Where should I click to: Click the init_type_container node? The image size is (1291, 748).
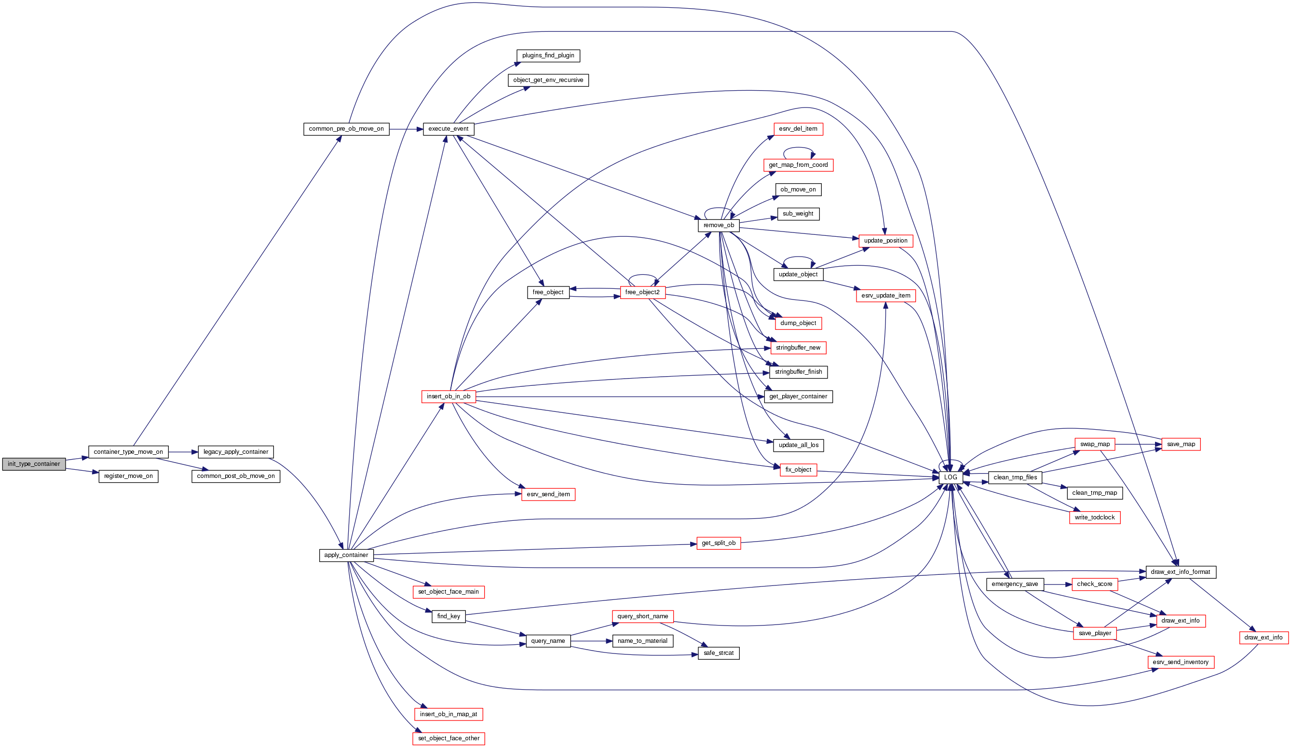tap(34, 464)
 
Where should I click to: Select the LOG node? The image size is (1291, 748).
tap(951, 477)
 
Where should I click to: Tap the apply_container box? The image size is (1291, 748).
tap(346, 556)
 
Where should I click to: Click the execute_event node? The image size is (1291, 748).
tap(448, 129)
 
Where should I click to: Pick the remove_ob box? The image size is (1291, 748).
tap(718, 225)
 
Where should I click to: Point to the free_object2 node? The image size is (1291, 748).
tap(642, 293)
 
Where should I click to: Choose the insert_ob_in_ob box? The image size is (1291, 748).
tap(448, 396)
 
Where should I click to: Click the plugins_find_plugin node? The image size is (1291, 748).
tap(548, 55)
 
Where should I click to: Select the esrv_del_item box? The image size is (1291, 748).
tap(798, 129)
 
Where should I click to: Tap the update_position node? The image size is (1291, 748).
tap(885, 241)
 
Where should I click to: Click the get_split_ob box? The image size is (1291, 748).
tap(718, 543)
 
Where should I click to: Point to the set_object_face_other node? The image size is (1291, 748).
tap(448, 739)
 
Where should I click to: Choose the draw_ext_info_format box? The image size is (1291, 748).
tap(1181, 572)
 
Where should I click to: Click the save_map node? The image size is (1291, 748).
tap(1181, 444)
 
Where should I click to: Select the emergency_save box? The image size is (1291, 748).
tap(1014, 584)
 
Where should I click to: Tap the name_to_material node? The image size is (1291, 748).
tap(642, 641)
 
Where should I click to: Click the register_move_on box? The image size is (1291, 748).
tap(128, 476)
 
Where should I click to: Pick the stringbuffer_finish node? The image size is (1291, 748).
tap(798, 372)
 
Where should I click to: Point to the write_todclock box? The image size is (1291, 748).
tap(1094, 517)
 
